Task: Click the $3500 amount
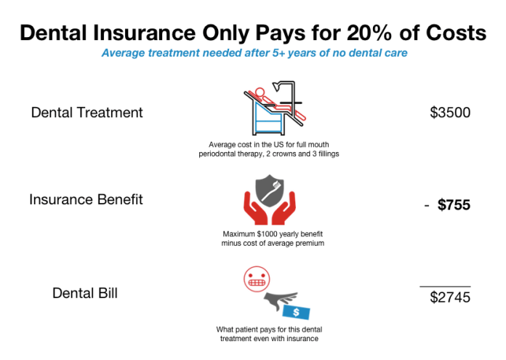pyautogui.click(x=450, y=113)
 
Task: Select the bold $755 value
pyautogui.click(x=454, y=205)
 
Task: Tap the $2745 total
pyautogui.click(x=450, y=297)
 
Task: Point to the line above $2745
pyautogui.click(x=445, y=287)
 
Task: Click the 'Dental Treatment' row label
pyautogui.click(x=87, y=113)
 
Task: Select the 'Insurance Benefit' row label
pyautogui.click(x=87, y=199)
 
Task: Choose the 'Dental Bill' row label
pyautogui.click(x=85, y=293)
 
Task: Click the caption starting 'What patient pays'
pyautogui.click(x=268, y=333)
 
